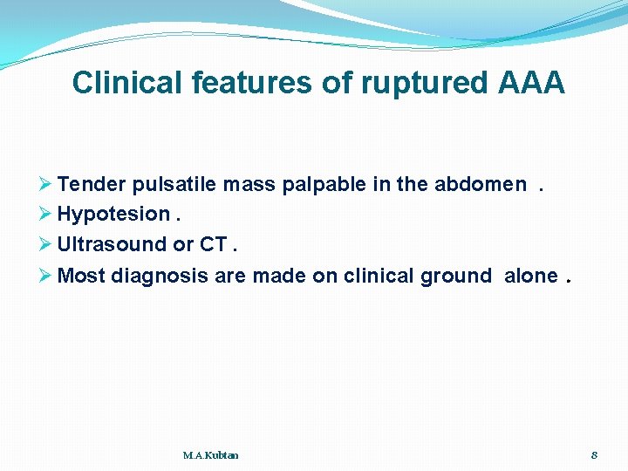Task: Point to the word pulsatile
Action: pos(175,184)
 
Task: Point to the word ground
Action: pos(456,276)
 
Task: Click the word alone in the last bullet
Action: pos(530,276)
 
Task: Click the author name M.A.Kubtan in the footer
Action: pos(211,455)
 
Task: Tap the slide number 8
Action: pos(594,455)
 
